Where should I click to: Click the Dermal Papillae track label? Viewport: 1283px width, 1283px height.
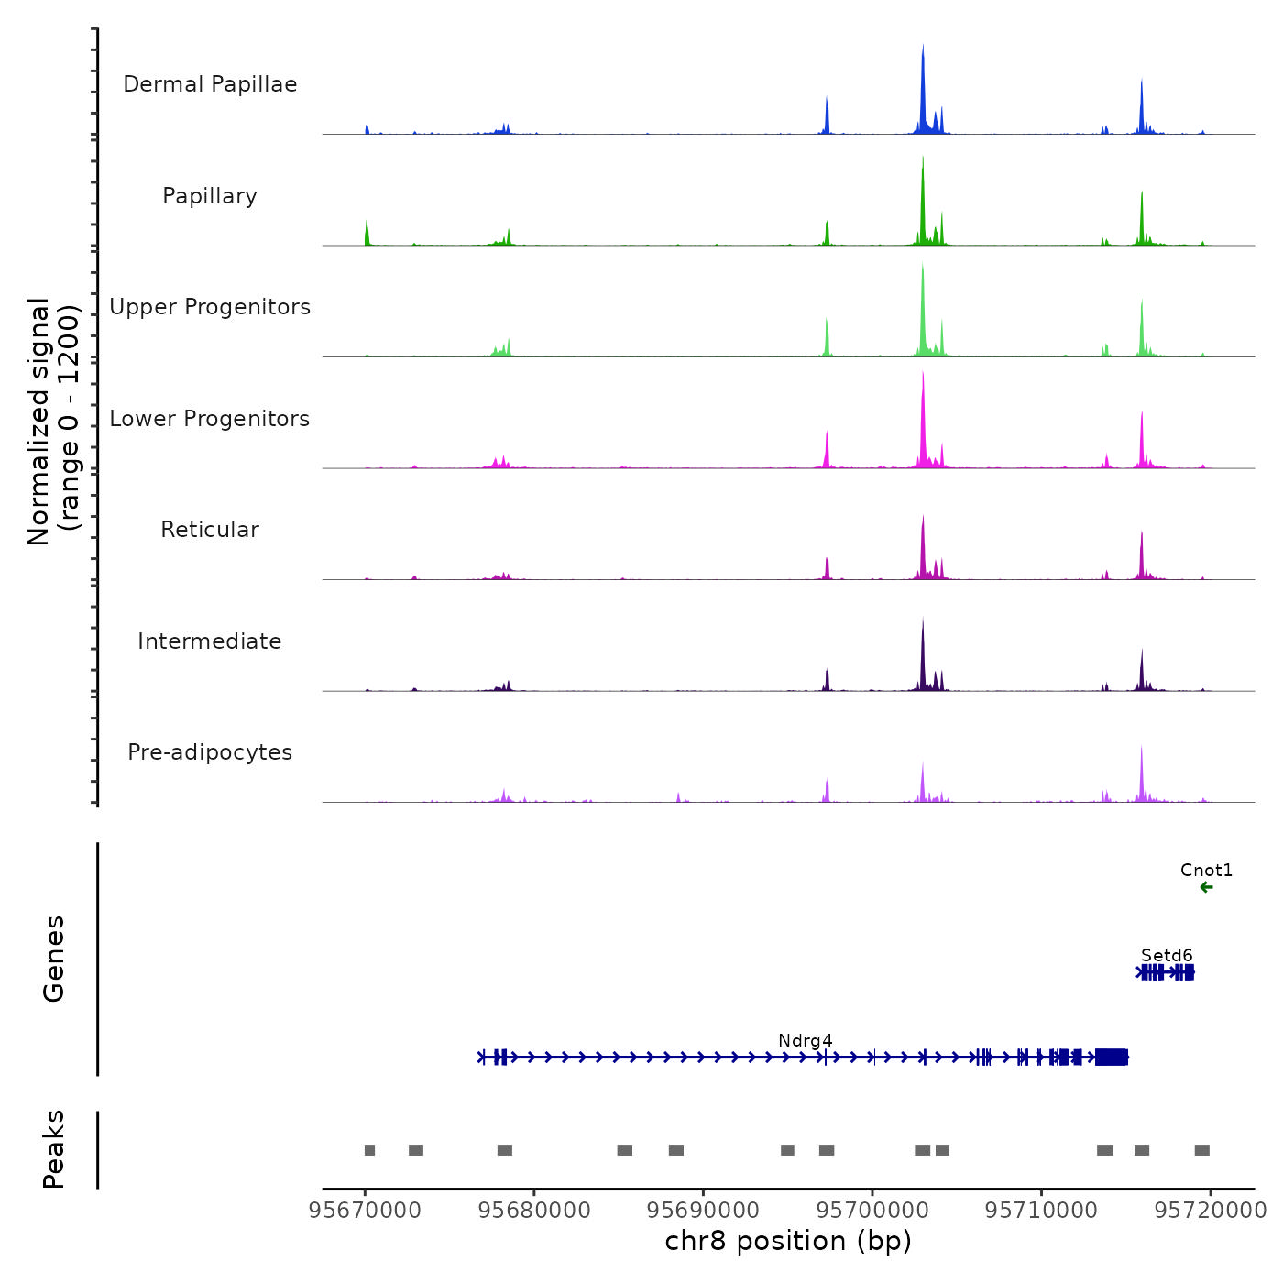coord(210,84)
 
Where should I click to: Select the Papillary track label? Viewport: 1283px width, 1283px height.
coord(210,196)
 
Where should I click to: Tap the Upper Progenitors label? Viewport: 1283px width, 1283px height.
coord(210,307)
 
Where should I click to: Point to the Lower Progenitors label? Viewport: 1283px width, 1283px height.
coord(210,419)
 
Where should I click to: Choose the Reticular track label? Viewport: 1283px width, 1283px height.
coord(210,530)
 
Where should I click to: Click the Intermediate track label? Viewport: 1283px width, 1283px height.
coord(210,641)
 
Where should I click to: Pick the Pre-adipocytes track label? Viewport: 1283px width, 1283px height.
coord(210,752)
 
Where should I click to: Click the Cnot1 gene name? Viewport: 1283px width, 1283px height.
coord(1206,870)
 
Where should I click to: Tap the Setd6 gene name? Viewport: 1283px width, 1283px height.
coord(1167,955)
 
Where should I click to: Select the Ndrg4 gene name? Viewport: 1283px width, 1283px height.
coord(805,1040)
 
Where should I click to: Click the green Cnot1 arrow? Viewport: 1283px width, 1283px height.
coord(1206,887)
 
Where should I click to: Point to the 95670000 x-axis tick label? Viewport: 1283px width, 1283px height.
coord(365,1210)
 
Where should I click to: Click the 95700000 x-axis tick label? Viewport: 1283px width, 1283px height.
coord(872,1210)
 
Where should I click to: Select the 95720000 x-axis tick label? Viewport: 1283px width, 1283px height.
coord(1210,1210)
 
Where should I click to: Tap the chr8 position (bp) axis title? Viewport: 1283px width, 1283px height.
coord(788,1241)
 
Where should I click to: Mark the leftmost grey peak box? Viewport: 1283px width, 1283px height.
coord(369,1150)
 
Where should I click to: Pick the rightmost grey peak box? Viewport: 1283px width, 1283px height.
coord(1201,1150)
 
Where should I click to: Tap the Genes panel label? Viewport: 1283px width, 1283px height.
coord(53,959)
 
